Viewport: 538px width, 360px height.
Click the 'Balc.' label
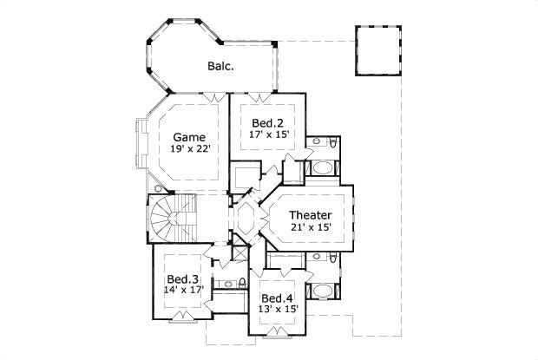pyautogui.click(x=218, y=66)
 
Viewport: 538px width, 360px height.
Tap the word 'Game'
pyautogui.click(x=188, y=137)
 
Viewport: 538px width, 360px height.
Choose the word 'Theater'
pyautogui.click(x=310, y=214)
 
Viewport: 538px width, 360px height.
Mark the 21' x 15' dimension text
pyautogui.click(x=310, y=227)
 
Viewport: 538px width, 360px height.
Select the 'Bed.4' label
pyautogui.click(x=277, y=299)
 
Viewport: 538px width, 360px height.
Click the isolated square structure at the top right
pyautogui.click(x=377, y=49)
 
